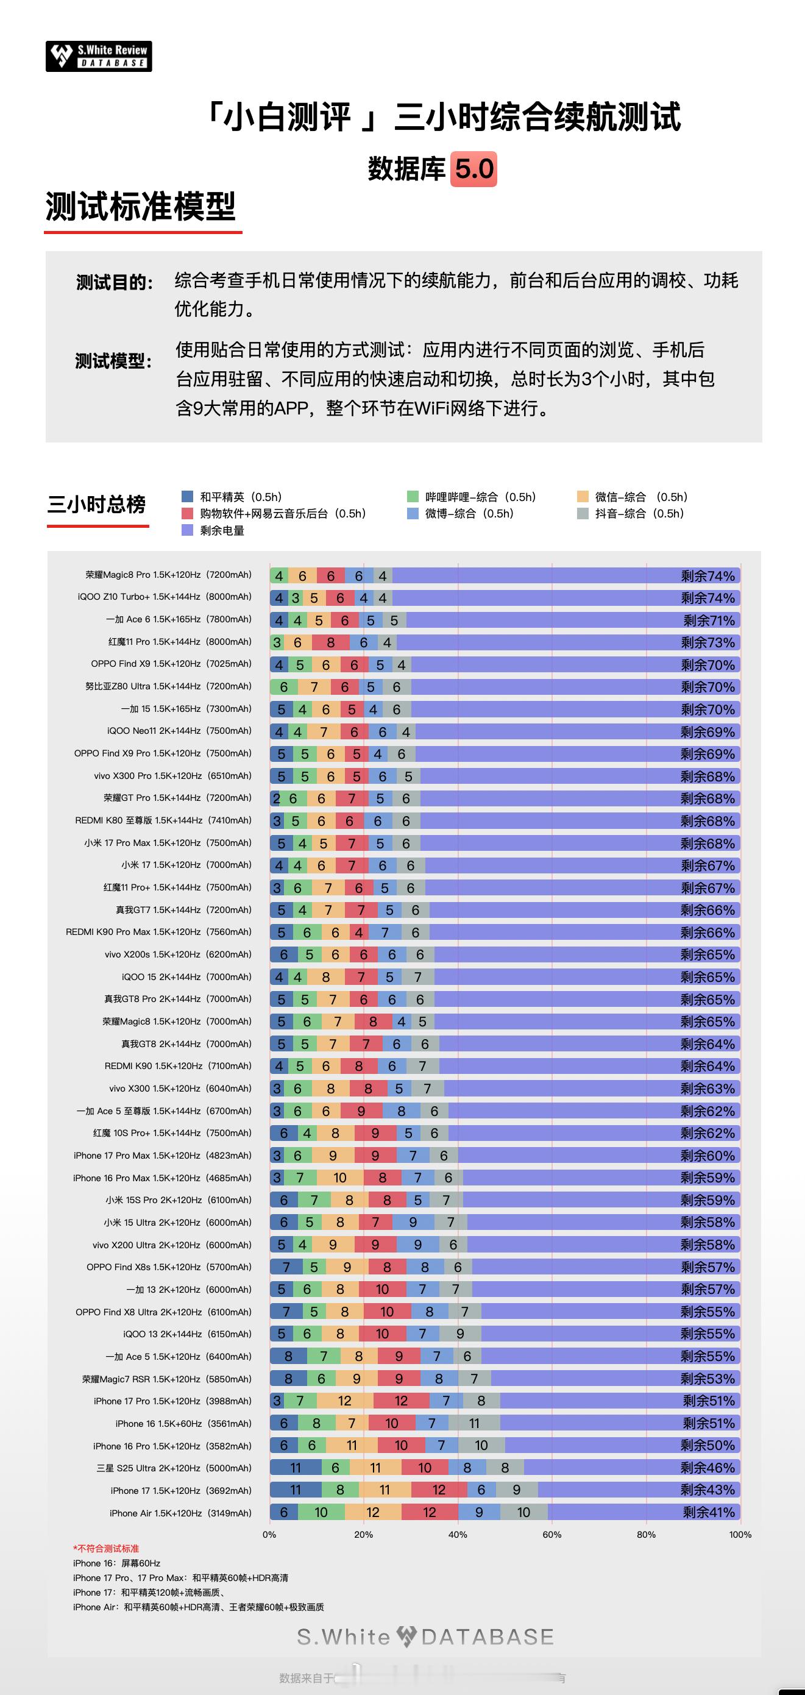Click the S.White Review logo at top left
pyautogui.click(x=99, y=57)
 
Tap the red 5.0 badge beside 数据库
pyautogui.click(x=473, y=169)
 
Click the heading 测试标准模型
pyautogui.click(x=141, y=207)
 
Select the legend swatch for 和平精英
pyautogui.click(x=188, y=497)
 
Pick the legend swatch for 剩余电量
pyautogui.click(x=188, y=530)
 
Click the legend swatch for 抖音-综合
pyautogui.click(x=583, y=513)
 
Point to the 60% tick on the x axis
pyautogui.click(x=551, y=1535)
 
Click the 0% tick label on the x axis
pyautogui.click(x=269, y=1535)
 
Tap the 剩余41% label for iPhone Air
pyautogui.click(x=708, y=1512)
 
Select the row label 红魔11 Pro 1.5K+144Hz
pyautogui.click(x=180, y=642)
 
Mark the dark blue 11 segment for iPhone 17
pyautogui.click(x=296, y=1490)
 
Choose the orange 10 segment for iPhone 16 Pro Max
pyautogui.click(x=339, y=1178)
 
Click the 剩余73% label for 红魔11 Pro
pyautogui.click(x=707, y=642)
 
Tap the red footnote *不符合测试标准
pyautogui.click(x=106, y=1549)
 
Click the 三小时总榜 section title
pyautogui.click(x=97, y=505)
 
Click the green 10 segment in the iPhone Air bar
pyautogui.click(x=321, y=1512)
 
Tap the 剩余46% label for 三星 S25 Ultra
pyautogui.click(x=707, y=1468)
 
